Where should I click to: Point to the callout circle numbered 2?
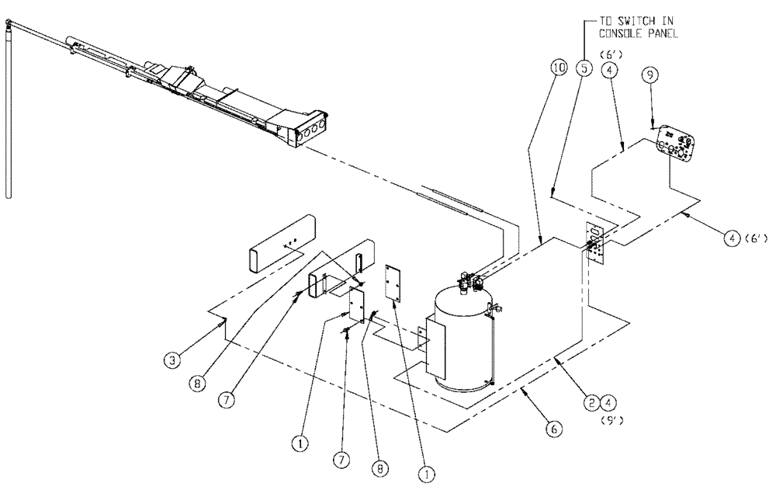click(591, 402)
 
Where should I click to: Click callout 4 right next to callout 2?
click(610, 402)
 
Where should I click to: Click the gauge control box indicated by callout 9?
click(677, 146)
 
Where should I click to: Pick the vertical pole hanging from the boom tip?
click(9, 109)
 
